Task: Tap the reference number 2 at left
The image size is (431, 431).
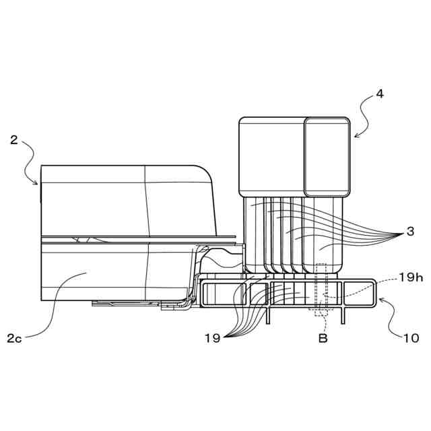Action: [14, 141]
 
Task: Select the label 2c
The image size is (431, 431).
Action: [15, 338]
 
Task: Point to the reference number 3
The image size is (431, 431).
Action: [410, 232]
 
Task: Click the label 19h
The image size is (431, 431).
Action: [411, 276]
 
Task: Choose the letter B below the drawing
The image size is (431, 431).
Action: [323, 338]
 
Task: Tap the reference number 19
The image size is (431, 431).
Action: [212, 338]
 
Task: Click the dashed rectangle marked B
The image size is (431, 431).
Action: [321, 290]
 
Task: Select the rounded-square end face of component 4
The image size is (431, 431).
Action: [327, 157]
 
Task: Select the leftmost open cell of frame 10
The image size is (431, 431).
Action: [215, 294]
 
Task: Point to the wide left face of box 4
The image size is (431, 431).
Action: [271, 157]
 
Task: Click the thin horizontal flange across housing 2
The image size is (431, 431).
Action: [135, 238]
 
